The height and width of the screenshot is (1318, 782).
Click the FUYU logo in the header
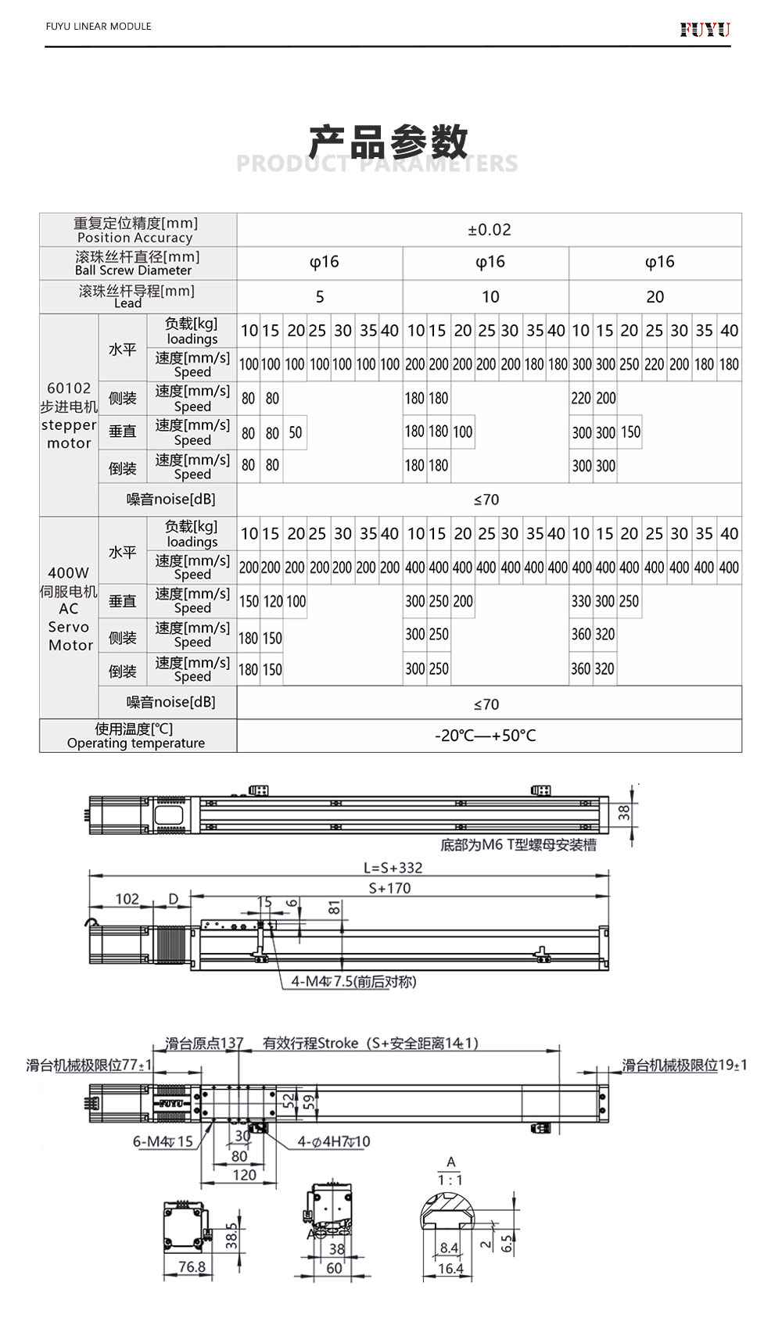(x=705, y=30)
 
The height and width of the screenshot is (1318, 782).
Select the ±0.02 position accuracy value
(x=489, y=230)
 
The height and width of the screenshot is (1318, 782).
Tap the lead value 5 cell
(x=319, y=297)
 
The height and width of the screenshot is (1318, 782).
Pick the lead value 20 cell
(x=655, y=297)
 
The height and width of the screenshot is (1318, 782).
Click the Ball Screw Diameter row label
(x=138, y=263)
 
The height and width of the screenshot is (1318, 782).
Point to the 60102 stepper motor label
(x=70, y=415)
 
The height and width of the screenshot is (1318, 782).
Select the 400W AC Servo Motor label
(x=70, y=609)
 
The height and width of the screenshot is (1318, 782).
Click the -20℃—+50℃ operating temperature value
(x=486, y=736)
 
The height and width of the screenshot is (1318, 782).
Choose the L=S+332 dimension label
(x=393, y=867)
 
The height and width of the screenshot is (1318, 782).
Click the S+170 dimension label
(x=389, y=888)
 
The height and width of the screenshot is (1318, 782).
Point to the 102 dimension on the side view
(x=127, y=899)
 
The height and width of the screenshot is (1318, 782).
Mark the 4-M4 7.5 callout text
(x=353, y=981)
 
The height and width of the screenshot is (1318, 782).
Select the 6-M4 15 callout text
(x=163, y=1141)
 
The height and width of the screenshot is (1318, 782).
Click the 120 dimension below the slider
(x=244, y=1174)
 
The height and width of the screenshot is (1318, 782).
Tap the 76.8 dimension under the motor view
(x=192, y=1266)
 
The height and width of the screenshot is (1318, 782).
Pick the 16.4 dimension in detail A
(x=450, y=1268)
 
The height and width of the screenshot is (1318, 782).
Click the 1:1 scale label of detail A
(x=450, y=1180)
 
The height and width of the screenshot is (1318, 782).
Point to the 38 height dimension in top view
(x=624, y=812)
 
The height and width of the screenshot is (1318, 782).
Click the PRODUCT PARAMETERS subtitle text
(x=377, y=163)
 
